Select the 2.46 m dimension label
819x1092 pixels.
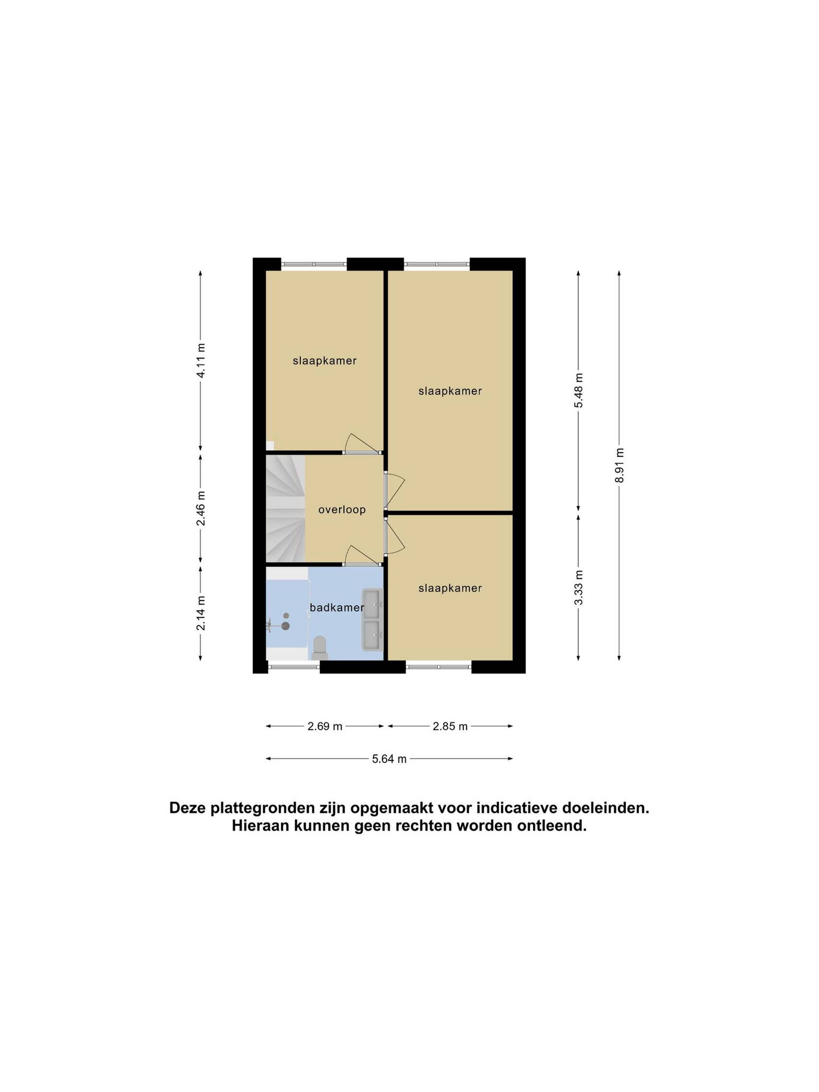tap(200, 508)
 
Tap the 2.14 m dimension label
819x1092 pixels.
tap(200, 613)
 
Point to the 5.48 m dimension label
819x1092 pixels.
tap(578, 390)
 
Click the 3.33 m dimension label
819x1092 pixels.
tap(578, 587)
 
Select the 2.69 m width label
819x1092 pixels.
tap(325, 726)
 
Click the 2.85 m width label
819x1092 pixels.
tap(450, 726)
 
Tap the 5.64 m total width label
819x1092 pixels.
tap(389, 759)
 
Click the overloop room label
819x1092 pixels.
tap(342, 509)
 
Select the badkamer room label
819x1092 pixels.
tap(337, 607)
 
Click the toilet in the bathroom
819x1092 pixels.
tap(320, 648)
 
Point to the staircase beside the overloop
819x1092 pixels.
tap(286, 508)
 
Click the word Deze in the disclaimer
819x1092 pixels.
tap(188, 808)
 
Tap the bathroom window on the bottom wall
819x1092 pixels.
tap(294, 667)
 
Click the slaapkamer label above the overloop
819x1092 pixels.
tap(324, 361)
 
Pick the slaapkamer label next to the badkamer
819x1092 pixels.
tap(450, 588)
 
